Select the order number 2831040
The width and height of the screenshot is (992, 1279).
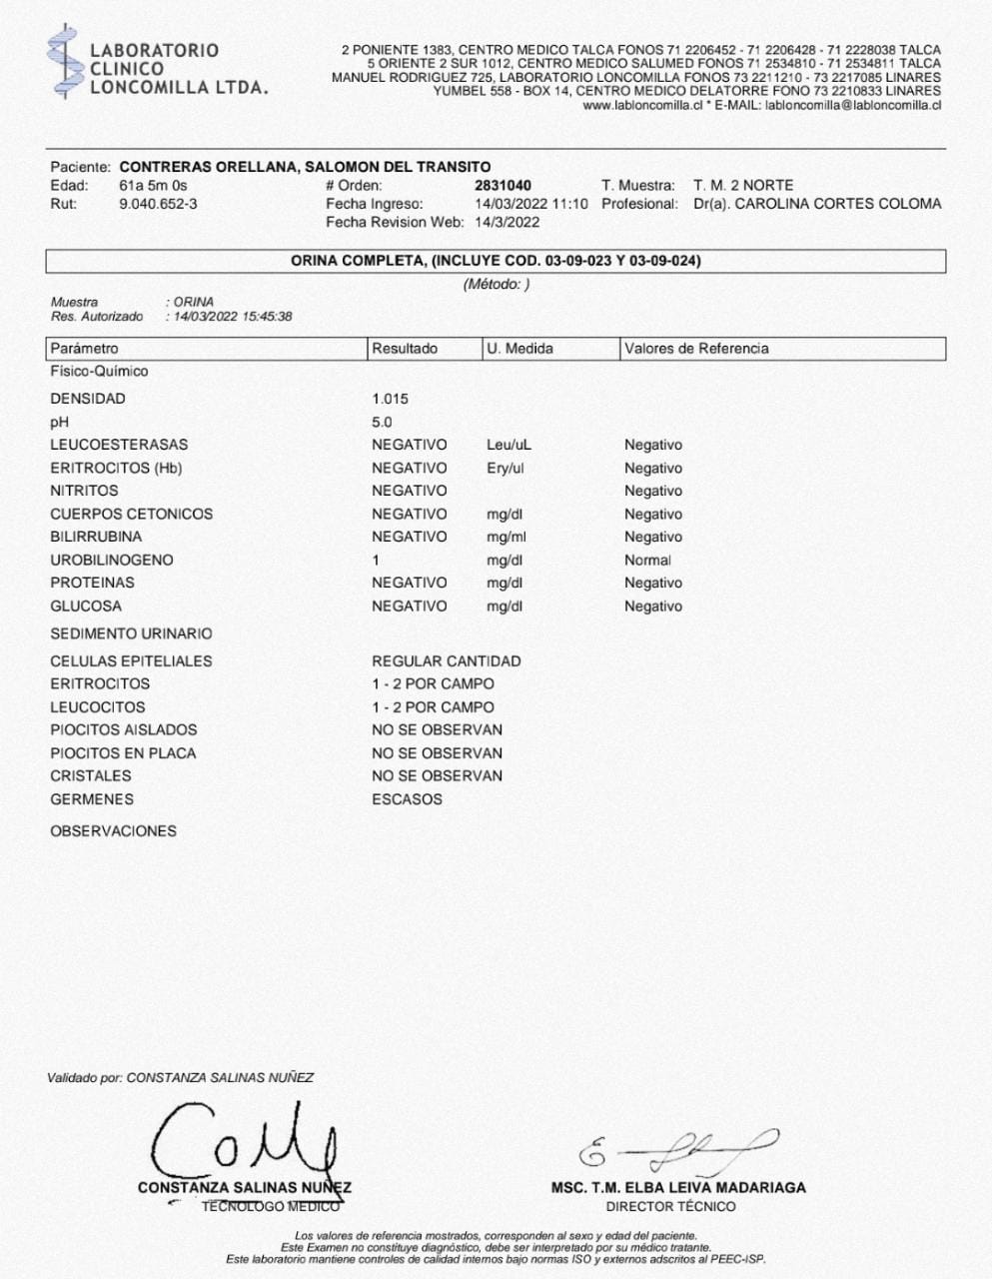tap(502, 186)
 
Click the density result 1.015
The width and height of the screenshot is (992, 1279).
tap(390, 399)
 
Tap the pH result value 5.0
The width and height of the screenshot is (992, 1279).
tap(382, 422)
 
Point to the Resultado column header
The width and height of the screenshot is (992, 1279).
tap(405, 349)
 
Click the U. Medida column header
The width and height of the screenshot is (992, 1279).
tap(519, 349)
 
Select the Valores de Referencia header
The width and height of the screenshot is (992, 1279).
tap(696, 349)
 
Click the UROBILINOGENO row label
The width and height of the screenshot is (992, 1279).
tap(111, 561)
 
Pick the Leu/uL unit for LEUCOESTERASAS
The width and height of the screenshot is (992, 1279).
tap(508, 445)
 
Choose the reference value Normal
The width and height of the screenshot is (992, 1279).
tap(647, 561)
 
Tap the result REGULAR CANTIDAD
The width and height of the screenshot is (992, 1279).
tap(446, 661)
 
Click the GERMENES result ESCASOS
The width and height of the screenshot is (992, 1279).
tap(407, 799)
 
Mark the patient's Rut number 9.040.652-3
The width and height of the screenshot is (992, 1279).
tap(158, 204)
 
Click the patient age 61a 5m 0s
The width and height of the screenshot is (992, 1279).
tap(153, 186)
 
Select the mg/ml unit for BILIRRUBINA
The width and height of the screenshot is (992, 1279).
tap(505, 537)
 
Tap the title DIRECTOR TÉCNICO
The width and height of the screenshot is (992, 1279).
tap(670, 1206)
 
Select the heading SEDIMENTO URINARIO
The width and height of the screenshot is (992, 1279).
tap(131, 634)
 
